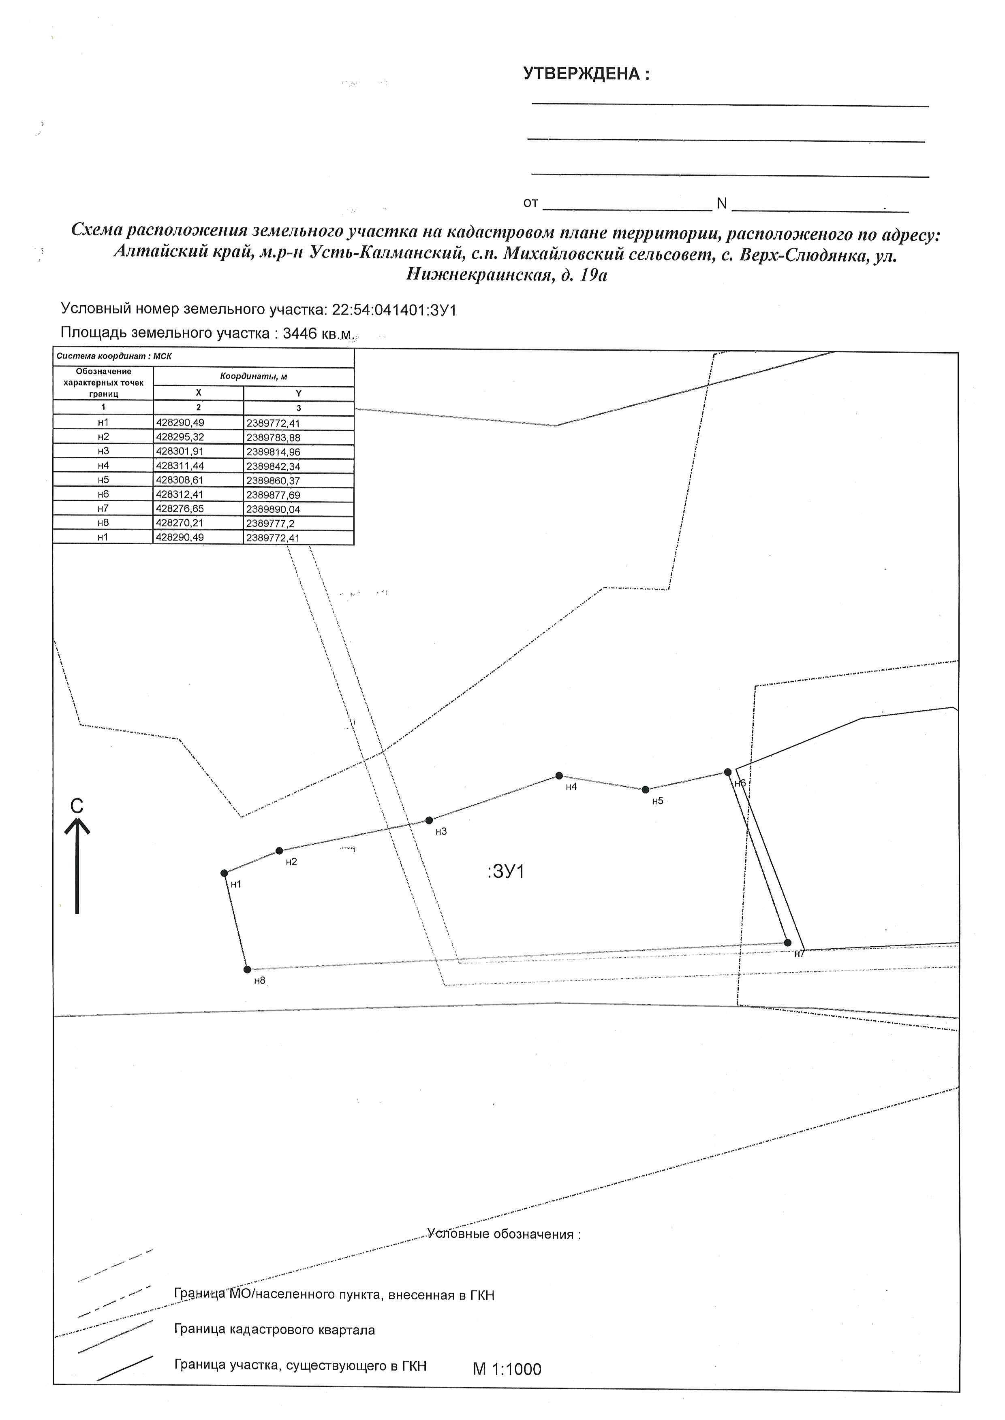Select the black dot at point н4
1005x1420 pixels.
pos(559,775)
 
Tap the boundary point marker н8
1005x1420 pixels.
pos(247,969)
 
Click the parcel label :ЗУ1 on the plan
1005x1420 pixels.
pos(506,871)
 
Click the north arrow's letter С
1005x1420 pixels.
pos(77,806)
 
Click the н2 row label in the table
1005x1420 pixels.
pos(103,436)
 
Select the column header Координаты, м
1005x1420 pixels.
pos(254,376)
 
